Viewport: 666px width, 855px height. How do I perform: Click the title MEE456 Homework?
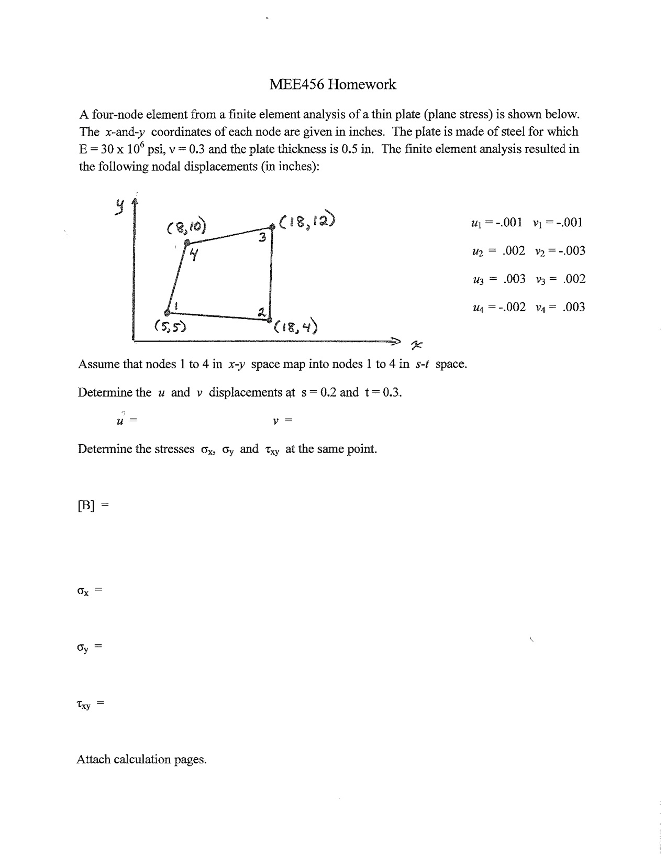click(332, 84)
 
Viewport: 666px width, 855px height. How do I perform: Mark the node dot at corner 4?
click(187, 243)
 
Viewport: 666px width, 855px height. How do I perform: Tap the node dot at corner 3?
click(272, 226)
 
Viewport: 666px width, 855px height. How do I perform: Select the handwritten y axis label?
click(120, 207)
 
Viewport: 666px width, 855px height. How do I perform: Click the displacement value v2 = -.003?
click(560, 251)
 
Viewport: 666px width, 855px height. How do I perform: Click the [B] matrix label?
click(86, 506)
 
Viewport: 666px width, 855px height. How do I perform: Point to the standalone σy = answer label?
click(88, 648)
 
